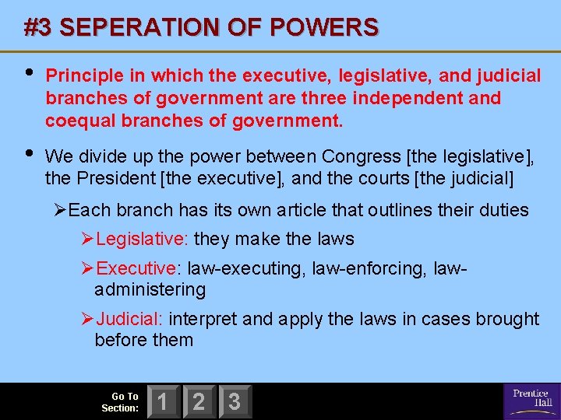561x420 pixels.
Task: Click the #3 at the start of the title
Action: pyautogui.click(x=38, y=28)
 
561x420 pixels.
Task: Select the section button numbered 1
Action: pyautogui.click(x=163, y=401)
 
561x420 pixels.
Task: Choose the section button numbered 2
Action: pyautogui.click(x=199, y=401)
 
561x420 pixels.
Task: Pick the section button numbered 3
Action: pyautogui.click(x=234, y=401)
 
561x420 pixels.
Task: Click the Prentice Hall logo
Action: pyautogui.click(x=531, y=399)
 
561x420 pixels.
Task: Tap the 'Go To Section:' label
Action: pyautogui.click(x=122, y=402)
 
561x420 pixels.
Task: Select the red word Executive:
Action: pyautogui.click(x=138, y=269)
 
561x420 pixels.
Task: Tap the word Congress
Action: pyautogui.click(x=358, y=158)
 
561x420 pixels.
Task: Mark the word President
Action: pyautogui.click(x=115, y=178)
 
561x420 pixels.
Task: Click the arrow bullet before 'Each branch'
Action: pyautogui.click(x=62, y=211)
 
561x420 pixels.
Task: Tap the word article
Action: pyautogui.click(x=319, y=211)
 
